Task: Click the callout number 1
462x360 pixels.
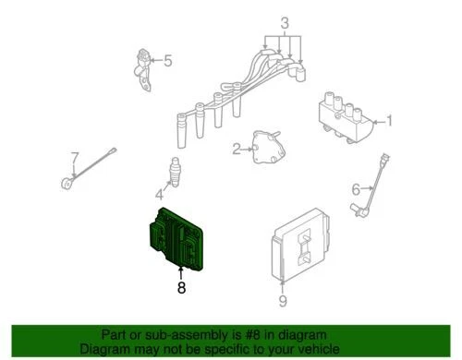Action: pos(390,120)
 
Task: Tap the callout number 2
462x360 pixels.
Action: pos(237,148)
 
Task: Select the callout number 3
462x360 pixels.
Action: pos(285,22)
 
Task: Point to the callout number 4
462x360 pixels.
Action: pos(159,195)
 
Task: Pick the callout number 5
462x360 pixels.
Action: pos(167,62)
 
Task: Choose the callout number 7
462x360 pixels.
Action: pos(75,158)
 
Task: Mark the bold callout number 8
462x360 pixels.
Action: pos(181,289)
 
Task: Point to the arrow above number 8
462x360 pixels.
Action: pos(181,270)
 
